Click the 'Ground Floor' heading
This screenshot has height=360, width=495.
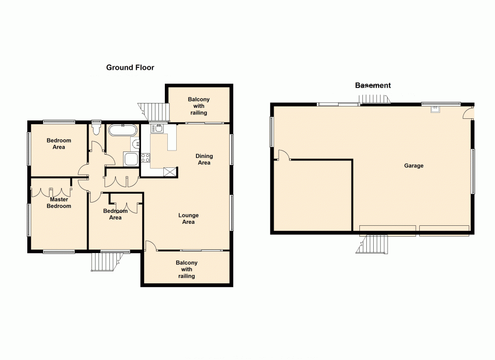pyautogui.click(x=130, y=67)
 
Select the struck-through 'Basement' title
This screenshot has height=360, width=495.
pyautogui.click(x=373, y=85)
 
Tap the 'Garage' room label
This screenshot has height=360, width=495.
pyautogui.click(x=413, y=166)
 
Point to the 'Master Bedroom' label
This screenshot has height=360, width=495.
pyautogui.click(x=59, y=203)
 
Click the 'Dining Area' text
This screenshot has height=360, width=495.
pyautogui.click(x=204, y=159)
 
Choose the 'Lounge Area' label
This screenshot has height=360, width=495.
pyautogui.click(x=188, y=218)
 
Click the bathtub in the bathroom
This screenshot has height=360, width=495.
pyautogui.click(x=122, y=131)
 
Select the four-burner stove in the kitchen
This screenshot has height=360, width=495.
pyautogui.click(x=146, y=158)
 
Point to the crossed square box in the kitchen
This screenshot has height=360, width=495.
pyautogui.click(x=170, y=171)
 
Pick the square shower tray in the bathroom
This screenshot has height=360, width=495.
pyautogui.click(x=131, y=159)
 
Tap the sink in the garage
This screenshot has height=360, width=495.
pyautogui.click(x=435, y=110)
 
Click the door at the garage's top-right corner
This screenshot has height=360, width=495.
pyautogui.click(x=468, y=114)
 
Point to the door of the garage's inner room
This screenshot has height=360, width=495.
pyautogui.click(x=284, y=155)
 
